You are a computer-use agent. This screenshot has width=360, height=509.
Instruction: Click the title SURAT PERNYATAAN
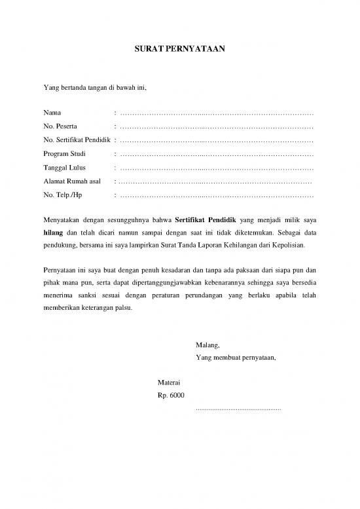pyautogui.click(x=179, y=49)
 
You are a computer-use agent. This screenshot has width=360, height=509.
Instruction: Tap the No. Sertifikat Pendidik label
pyautogui.click(x=76, y=140)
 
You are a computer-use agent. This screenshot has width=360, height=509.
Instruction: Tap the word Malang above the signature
pyautogui.click(x=207, y=345)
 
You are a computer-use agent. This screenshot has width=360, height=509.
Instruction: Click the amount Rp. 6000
pyautogui.click(x=171, y=395)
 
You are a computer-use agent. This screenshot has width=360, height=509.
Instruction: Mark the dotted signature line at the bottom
pyautogui.click(x=238, y=409)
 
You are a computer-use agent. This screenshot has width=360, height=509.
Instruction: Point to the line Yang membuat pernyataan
pyautogui.click(x=236, y=358)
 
